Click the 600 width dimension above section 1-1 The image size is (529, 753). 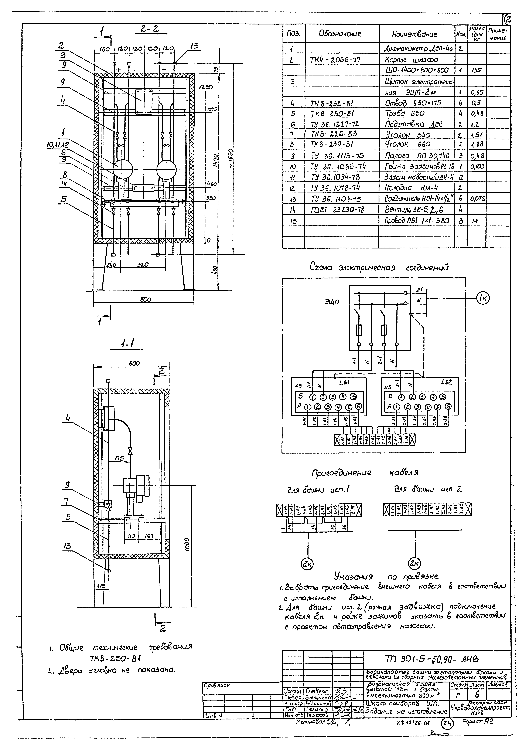point(134,363)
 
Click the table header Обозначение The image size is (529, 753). point(340,34)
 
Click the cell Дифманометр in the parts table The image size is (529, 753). point(417,49)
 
